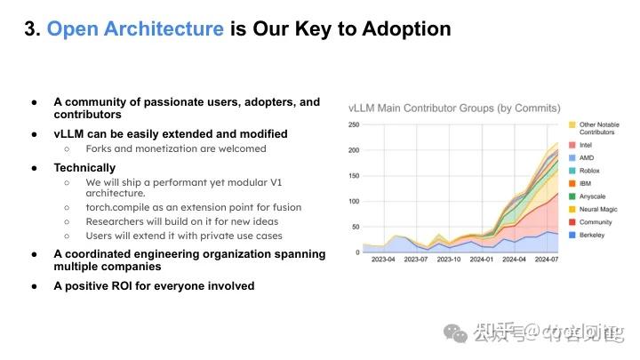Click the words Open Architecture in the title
[x=134, y=28]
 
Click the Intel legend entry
[x=587, y=144]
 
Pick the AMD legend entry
[x=586, y=157]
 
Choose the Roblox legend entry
[x=589, y=171]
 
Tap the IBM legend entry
[x=585, y=183]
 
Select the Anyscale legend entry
[x=592, y=196]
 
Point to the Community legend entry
[x=595, y=222]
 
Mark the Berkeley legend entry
[x=592, y=236]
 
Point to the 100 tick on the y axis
[x=354, y=202]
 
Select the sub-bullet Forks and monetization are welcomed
[x=176, y=148]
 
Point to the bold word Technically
[x=84, y=167]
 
